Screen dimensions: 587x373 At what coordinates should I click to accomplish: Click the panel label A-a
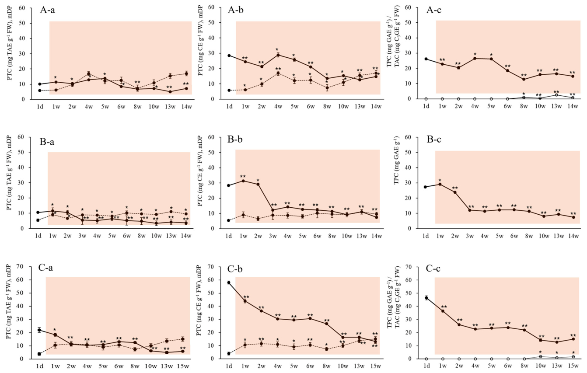[47, 10]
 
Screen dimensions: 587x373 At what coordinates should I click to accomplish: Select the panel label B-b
[235, 139]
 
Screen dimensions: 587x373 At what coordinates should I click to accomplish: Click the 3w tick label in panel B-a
[82, 236]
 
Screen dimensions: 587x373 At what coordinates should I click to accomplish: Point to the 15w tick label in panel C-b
[376, 366]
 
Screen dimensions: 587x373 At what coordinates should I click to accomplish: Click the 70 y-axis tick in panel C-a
[24, 267]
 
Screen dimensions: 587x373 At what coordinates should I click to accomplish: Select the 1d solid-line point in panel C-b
[229, 282]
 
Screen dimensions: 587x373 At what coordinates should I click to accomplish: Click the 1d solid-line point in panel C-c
[426, 298]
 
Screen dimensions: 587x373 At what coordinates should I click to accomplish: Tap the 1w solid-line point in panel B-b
[244, 181]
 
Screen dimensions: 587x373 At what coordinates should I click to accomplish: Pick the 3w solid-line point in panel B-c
[470, 210]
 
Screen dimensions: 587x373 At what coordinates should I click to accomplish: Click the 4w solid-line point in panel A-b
[278, 55]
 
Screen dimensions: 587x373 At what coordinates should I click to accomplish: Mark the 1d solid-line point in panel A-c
[426, 59]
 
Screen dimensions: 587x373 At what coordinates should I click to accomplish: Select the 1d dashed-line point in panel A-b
[229, 91]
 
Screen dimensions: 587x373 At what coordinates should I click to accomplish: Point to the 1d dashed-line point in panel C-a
[39, 354]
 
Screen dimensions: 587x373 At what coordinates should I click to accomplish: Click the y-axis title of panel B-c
[397, 161]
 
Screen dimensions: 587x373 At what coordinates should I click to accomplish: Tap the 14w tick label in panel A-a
[186, 107]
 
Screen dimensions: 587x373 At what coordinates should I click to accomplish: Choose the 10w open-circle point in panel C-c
[541, 356]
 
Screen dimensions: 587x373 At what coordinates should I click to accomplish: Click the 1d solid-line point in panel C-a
[39, 330]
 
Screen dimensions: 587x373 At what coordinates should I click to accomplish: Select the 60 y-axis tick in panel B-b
[211, 137]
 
